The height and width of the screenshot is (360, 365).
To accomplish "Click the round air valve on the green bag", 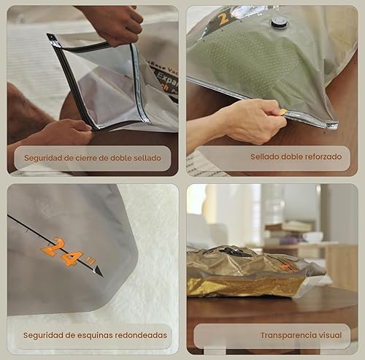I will (x=278, y=23).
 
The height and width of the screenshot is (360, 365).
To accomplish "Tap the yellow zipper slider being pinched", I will (x=283, y=112).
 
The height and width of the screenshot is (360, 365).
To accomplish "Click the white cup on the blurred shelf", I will (x=313, y=237).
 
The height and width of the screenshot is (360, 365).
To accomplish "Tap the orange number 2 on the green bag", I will (x=223, y=18).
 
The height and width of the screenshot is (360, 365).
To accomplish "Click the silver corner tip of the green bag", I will (x=332, y=126).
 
